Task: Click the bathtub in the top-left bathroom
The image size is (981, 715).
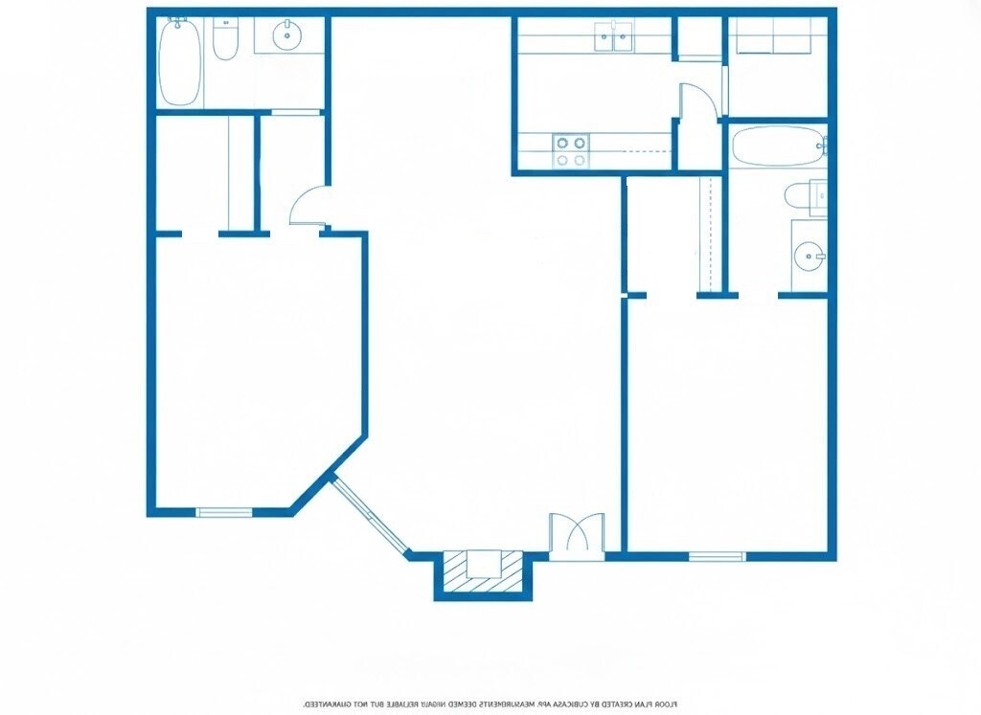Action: tap(179, 62)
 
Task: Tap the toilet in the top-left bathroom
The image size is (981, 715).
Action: tap(224, 40)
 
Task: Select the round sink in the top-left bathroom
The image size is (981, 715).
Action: tap(286, 37)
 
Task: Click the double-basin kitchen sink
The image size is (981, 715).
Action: tap(613, 38)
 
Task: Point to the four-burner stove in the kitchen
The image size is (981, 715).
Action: tap(571, 151)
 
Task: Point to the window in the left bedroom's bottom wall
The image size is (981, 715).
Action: tap(224, 512)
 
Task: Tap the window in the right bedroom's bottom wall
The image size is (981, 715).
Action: tap(716, 556)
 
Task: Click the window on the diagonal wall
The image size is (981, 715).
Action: tap(369, 515)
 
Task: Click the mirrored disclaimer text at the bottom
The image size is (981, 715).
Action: tap(490, 704)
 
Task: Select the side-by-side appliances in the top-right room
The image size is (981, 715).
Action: tap(775, 35)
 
